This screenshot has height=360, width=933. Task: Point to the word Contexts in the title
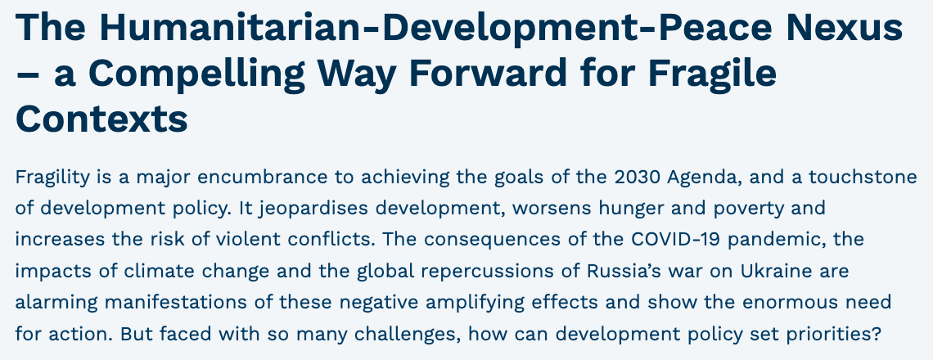tap(101, 119)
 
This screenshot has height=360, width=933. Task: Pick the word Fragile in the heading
tap(712, 74)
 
